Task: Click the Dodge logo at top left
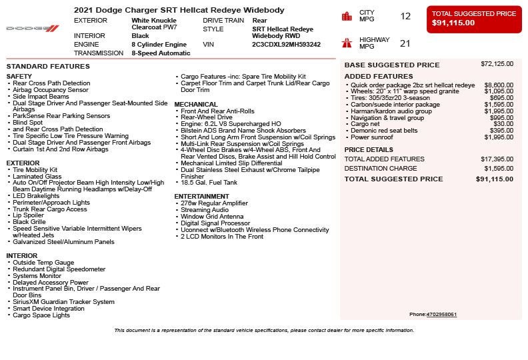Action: (x=33, y=28)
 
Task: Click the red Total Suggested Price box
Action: (x=474, y=19)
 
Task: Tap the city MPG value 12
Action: (x=405, y=16)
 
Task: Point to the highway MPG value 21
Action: (x=405, y=43)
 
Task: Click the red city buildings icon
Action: (x=347, y=16)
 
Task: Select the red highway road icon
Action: (x=347, y=43)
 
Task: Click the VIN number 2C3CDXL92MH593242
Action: (x=286, y=45)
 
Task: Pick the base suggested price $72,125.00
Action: (x=497, y=64)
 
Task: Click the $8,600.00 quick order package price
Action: (x=499, y=85)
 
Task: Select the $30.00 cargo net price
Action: (x=503, y=124)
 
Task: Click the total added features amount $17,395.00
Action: (x=497, y=159)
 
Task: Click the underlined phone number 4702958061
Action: (x=441, y=315)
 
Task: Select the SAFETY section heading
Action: (x=19, y=77)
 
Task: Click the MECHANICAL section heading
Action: (x=196, y=105)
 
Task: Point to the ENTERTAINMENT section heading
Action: (x=201, y=197)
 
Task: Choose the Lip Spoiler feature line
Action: (x=29, y=215)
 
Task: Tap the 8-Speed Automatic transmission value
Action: (x=161, y=53)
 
